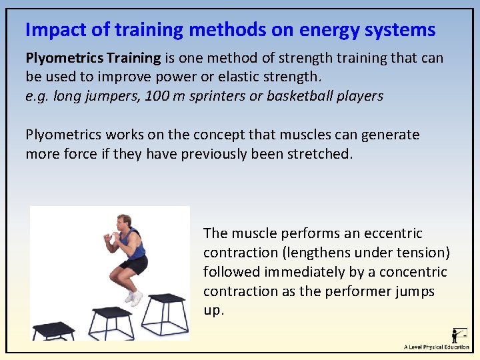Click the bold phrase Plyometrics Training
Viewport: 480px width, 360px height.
pos(93,58)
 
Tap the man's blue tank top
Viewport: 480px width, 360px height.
pos(135,245)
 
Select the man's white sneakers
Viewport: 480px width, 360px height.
pos(135,297)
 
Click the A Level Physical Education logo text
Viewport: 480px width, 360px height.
pos(436,347)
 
